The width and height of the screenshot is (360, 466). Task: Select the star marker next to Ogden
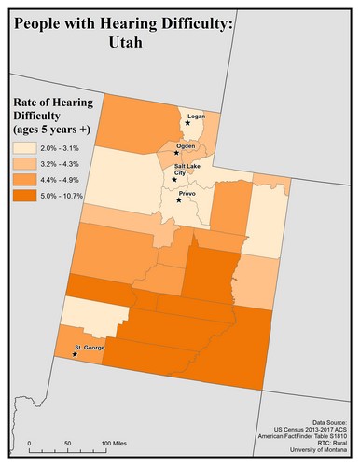click(x=177, y=153)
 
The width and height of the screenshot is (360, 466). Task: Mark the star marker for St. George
click(x=75, y=354)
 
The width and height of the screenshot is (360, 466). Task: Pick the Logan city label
click(x=195, y=116)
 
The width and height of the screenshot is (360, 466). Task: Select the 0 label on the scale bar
click(x=29, y=443)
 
